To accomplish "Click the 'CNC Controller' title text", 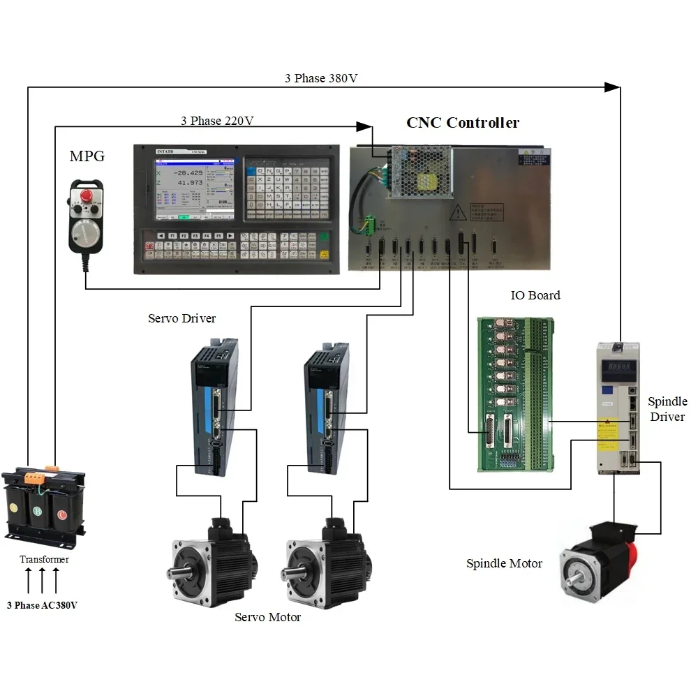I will click(x=463, y=123).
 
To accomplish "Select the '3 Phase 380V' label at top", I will click(x=321, y=78).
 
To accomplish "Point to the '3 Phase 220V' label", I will click(x=217, y=121).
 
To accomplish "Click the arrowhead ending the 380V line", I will click(x=612, y=87).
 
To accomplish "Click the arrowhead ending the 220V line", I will click(x=364, y=126).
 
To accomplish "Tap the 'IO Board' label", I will click(x=535, y=295).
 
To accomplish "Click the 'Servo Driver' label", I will click(x=181, y=318).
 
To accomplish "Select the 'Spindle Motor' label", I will click(x=504, y=563).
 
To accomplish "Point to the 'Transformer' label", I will click(x=44, y=559).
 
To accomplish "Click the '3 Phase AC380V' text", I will click(x=42, y=605).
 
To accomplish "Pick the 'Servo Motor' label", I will click(x=267, y=617).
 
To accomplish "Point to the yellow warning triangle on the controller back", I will click(x=458, y=211).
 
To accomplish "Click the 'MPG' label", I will click(x=87, y=156).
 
